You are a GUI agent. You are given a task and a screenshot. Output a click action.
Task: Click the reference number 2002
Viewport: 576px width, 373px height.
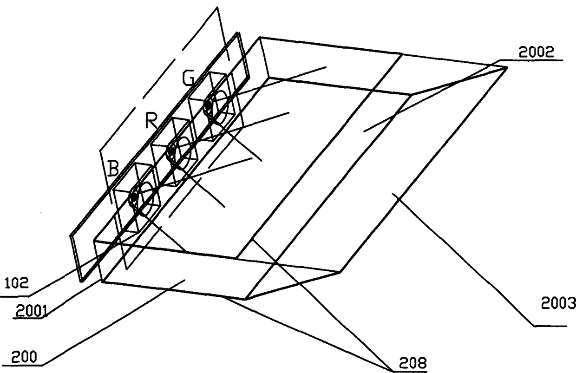coord(536,52)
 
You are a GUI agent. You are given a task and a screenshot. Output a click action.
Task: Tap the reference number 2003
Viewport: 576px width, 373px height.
coord(558,303)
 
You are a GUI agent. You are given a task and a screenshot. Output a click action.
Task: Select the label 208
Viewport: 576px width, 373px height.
coord(412,363)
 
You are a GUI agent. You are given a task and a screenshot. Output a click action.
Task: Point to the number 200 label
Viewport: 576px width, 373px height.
coord(24,357)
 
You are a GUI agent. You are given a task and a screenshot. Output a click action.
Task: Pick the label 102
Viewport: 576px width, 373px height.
coord(16,283)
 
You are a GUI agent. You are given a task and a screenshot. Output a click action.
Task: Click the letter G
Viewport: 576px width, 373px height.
coord(188,78)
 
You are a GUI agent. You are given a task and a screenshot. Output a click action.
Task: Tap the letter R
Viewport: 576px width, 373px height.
coord(151,120)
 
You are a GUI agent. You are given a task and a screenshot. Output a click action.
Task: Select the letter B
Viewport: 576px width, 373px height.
coord(113,168)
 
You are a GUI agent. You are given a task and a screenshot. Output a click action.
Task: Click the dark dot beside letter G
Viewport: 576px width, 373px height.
coord(209,105)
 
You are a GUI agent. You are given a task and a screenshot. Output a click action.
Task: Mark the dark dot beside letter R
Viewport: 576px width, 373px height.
coord(171,150)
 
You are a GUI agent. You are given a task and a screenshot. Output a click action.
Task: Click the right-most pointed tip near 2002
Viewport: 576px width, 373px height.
coord(507,67)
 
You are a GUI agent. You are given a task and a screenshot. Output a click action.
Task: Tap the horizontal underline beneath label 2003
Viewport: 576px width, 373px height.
coord(551,326)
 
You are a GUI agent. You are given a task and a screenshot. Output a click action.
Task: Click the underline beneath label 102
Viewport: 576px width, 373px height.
coord(15,297)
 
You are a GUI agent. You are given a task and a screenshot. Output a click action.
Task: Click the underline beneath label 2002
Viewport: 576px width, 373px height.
coord(531,60)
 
